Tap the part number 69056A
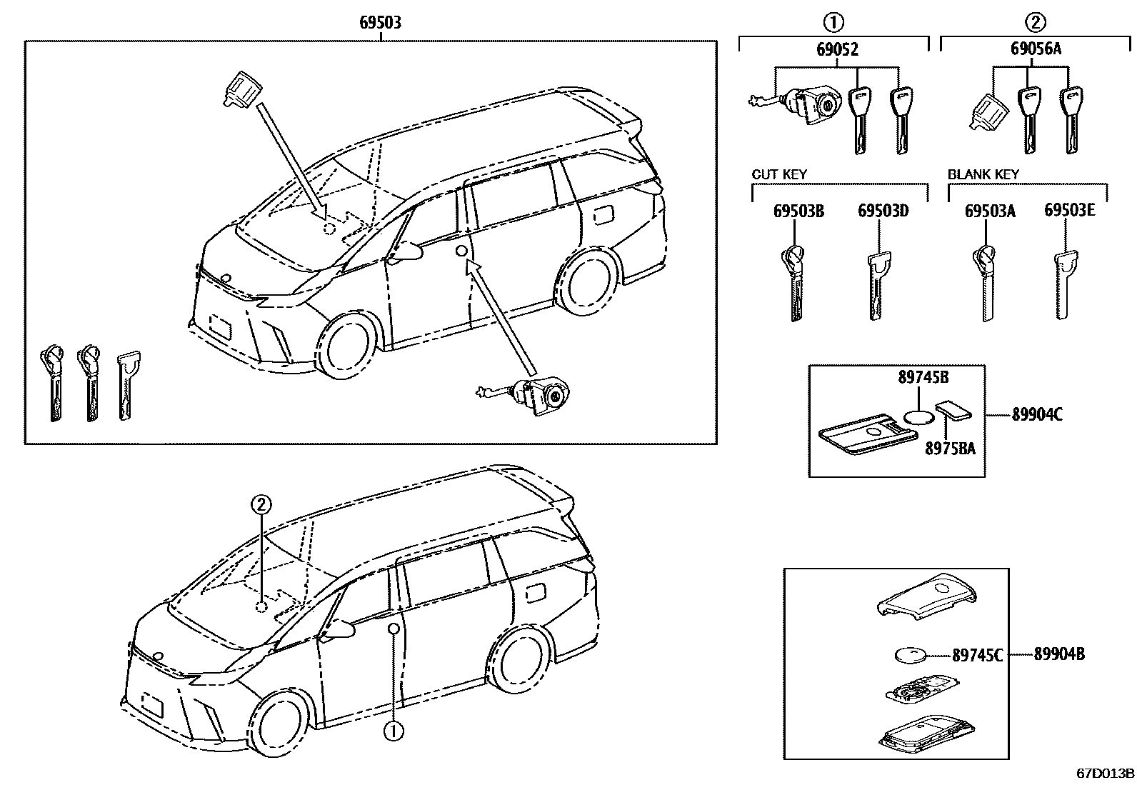(x=1036, y=50)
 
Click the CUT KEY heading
(x=779, y=174)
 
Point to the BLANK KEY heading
(x=983, y=174)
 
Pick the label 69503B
(x=798, y=211)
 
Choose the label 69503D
(x=883, y=211)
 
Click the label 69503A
(x=990, y=211)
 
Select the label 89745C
(x=977, y=654)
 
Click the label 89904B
(x=1059, y=654)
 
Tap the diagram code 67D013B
(x=1106, y=774)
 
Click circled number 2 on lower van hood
(x=261, y=505)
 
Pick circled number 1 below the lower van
(x=393, y=731)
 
